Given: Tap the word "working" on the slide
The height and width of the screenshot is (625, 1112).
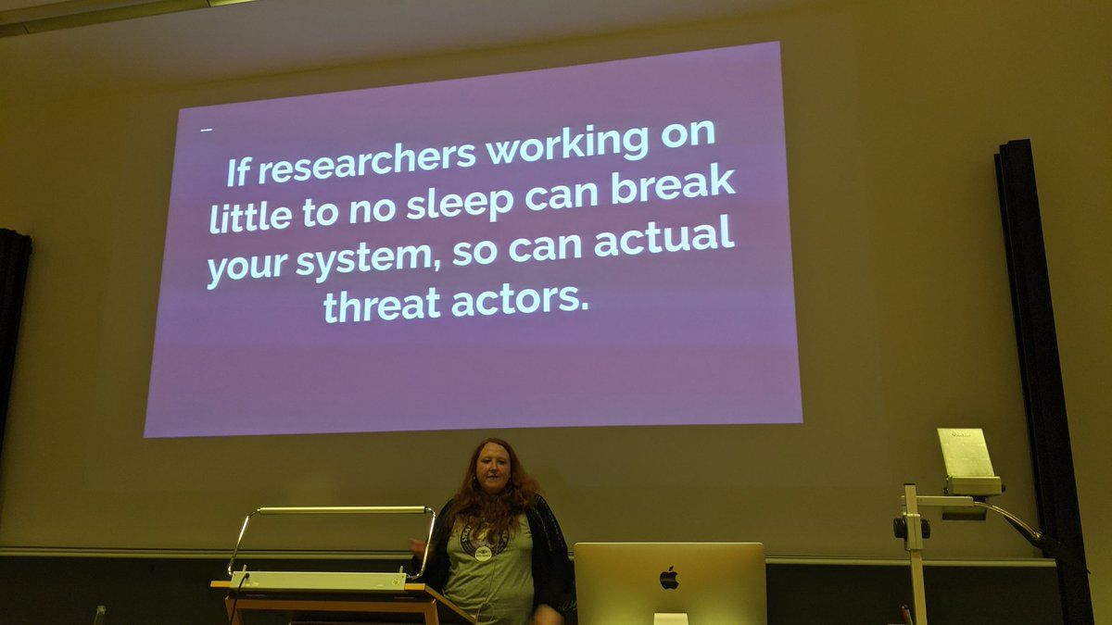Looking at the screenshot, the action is [x=568, y=144].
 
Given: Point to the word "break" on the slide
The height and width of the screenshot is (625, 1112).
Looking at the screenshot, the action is [x=673, y=186].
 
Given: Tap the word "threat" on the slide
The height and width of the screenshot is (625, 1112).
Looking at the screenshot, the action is [x=382, y=304].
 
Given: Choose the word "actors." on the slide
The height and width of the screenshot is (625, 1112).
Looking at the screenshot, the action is [x=520, y=299].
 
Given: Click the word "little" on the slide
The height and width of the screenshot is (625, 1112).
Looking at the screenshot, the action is [x=251, y=217].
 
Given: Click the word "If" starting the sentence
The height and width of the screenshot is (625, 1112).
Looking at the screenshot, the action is [x=238, y=172].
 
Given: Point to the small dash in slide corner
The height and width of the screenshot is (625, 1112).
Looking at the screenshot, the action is [x=207, y=131].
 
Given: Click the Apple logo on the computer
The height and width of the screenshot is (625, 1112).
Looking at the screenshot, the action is [x=669, y=578].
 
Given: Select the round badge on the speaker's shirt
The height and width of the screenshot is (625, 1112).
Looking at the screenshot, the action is [x=483, y=553].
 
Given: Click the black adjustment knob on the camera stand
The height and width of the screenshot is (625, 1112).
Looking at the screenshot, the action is [x=899, y=528].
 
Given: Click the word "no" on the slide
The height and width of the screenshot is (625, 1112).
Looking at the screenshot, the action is [x=373, y=209].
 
